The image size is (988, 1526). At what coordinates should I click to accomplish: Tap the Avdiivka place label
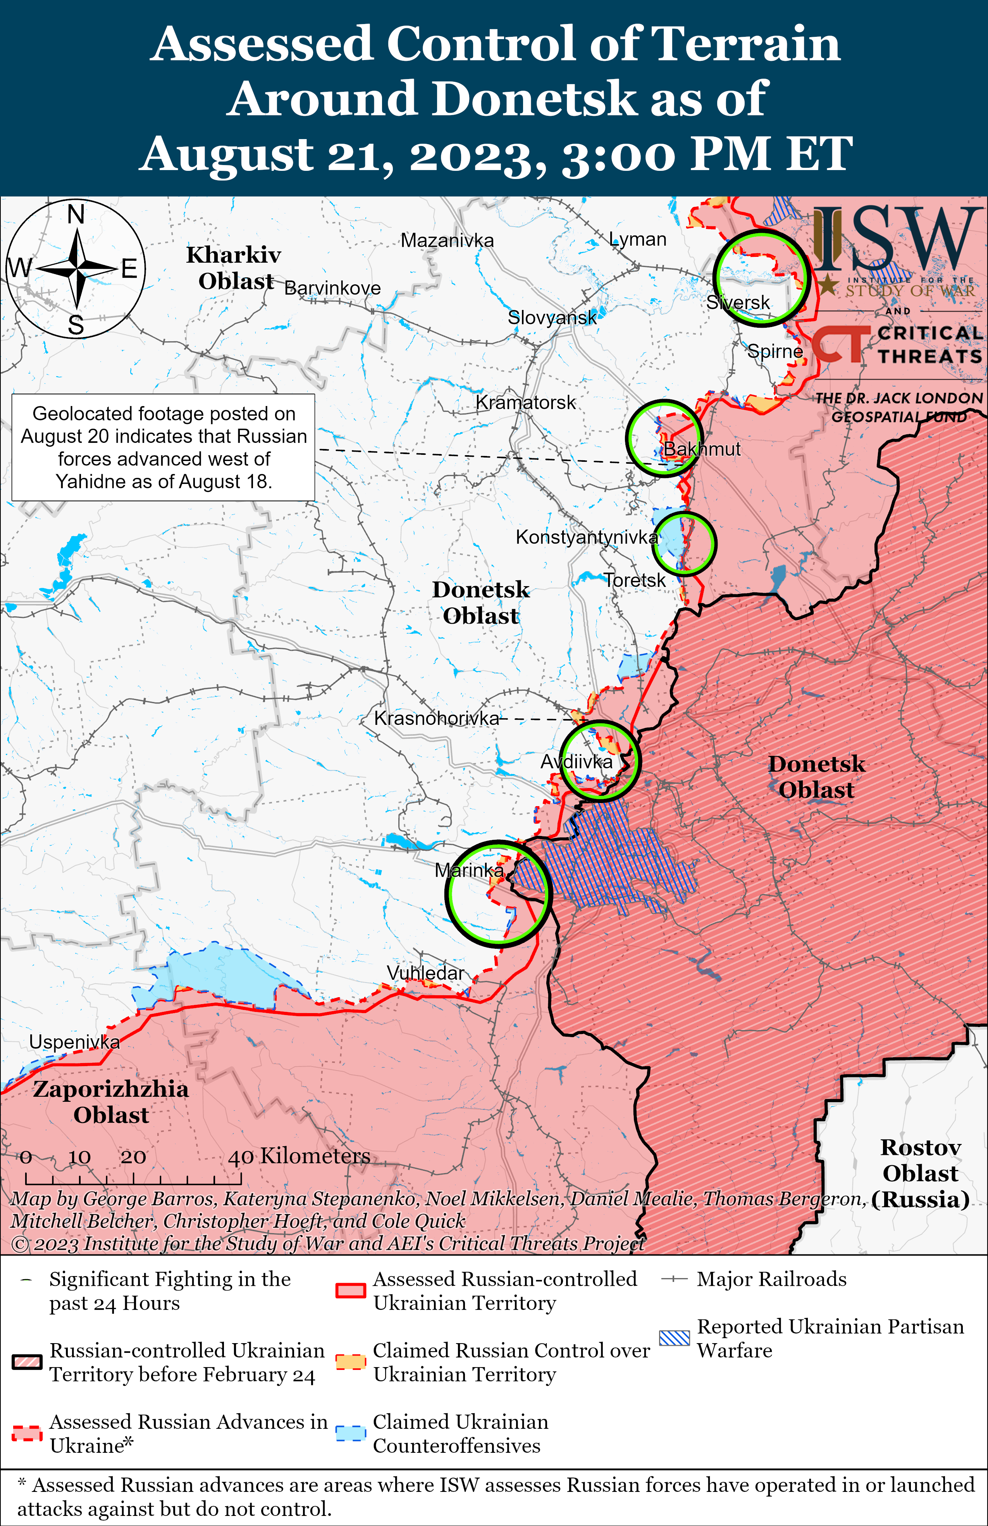pos(577,762)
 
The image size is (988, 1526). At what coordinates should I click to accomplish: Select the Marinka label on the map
pos(469,870)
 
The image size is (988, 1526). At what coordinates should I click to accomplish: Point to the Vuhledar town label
pos(425,973)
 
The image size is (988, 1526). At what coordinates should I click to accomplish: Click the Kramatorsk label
pos(526,402)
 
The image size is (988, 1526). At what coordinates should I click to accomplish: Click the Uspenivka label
pos(74,1042)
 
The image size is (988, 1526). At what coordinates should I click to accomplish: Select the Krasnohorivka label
pos(436,718)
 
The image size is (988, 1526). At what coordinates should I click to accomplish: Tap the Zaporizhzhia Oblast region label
pos(111,1101)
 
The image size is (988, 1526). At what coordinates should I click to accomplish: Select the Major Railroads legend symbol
pos(675,1279)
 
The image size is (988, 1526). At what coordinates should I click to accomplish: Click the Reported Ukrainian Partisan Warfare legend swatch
pos(675,1338)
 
